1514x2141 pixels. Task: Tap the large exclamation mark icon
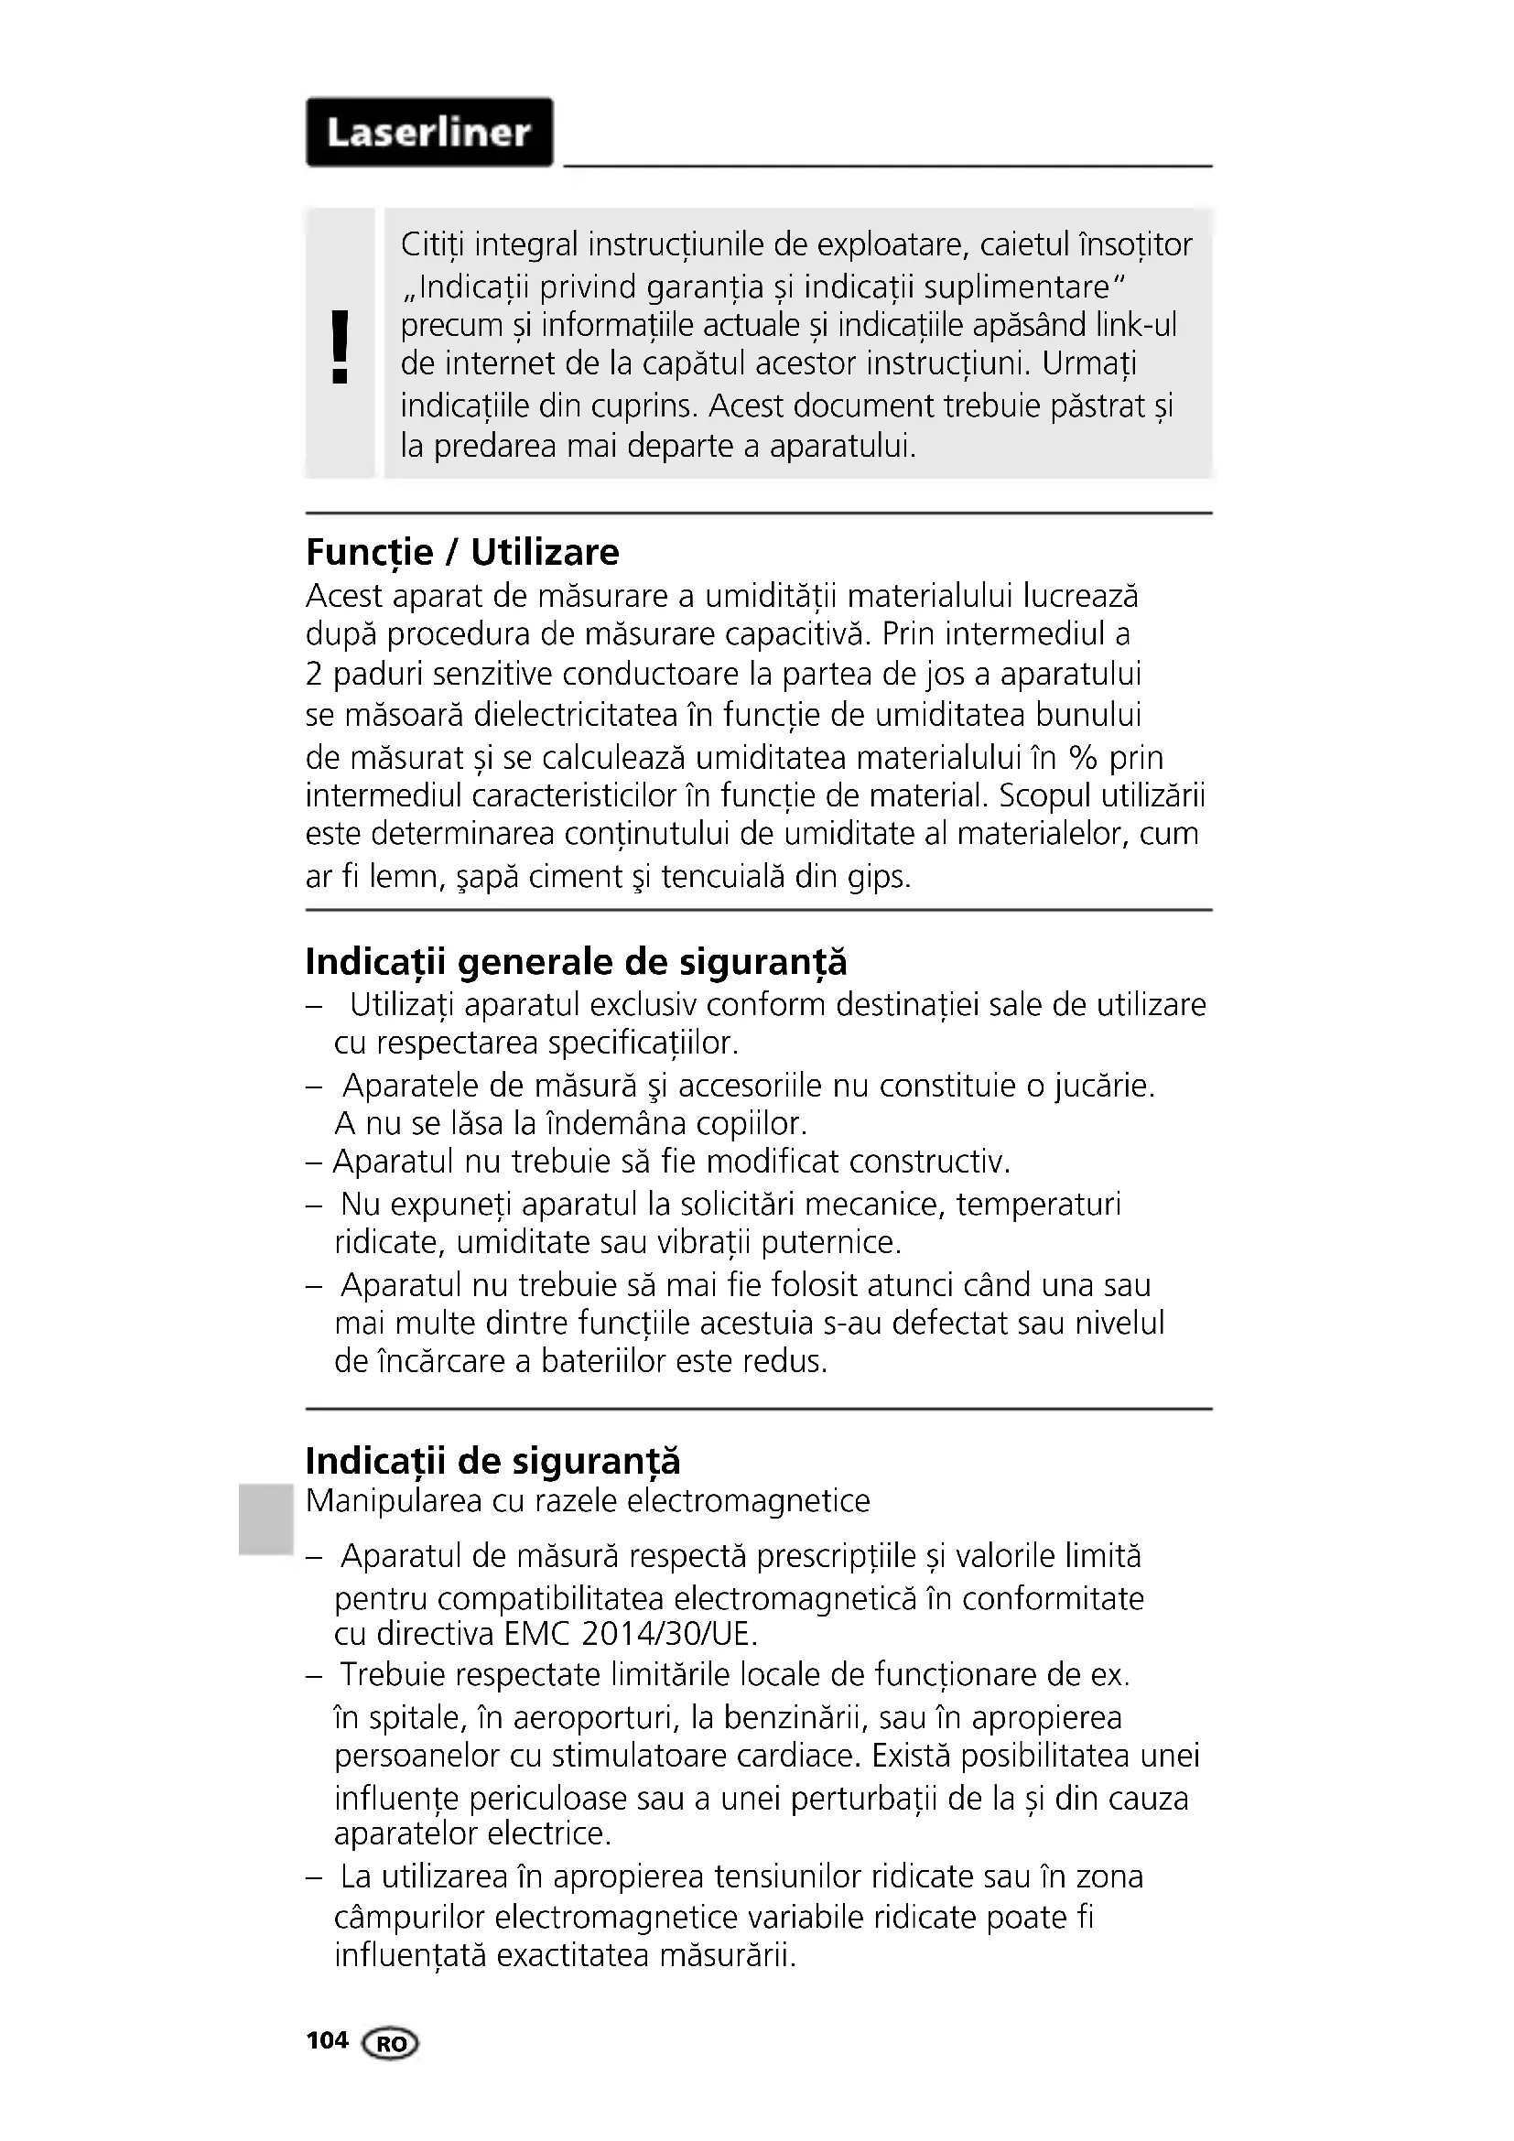point(341,347)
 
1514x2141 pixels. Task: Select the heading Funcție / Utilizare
point(462,552)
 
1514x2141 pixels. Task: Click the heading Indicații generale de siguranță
point(576,961)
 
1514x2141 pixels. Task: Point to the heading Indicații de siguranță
point(492,1460)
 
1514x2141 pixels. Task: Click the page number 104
point(326,2040)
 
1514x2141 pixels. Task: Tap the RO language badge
point(392,2043)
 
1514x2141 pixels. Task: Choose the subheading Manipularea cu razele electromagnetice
point(588,1500)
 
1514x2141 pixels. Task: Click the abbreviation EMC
point(535,1634)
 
